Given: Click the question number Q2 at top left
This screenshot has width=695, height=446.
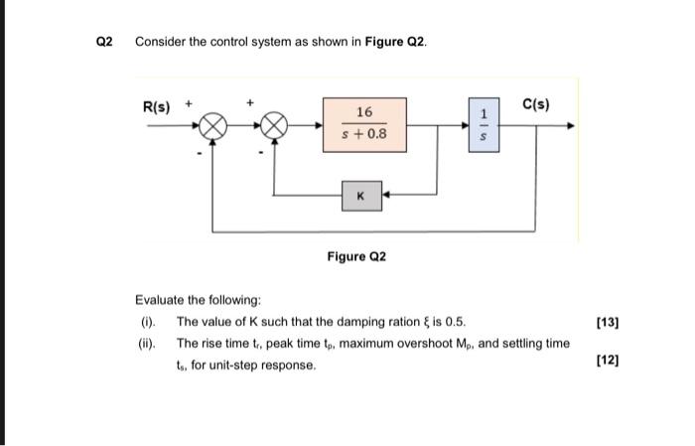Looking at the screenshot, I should pyautogui.click(x=106, y=42).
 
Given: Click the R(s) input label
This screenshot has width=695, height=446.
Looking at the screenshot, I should pyautogui.click(x=159, y=106).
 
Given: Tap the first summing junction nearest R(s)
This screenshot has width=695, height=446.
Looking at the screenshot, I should pyautogui.click(x=211, y=127).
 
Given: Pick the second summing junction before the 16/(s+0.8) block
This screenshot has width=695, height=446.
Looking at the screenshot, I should pyautogui.click(x=274, y=127).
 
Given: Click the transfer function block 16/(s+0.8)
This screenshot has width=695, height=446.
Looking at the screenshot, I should pyautogui.click(x=364, y=123).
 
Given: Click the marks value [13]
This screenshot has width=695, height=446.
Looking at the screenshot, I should pyautogui.click(x=607, y=322).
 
